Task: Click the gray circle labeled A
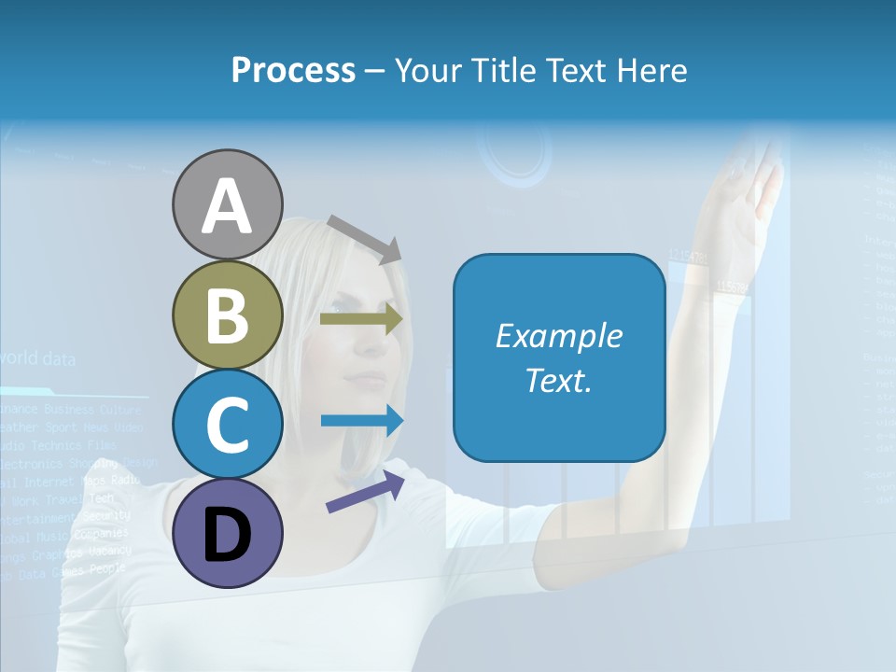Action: coord(227,205)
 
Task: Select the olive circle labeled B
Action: coord(227,315)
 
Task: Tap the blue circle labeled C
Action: coord(227,425)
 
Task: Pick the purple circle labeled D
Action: coord(227,533)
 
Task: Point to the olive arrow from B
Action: coord(361,319)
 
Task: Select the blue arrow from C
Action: coord(361,421)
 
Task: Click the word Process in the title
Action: coord(293,70)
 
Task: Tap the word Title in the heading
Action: coord(504,71)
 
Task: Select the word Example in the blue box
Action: coord(559,336)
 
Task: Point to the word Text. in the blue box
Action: coord(559,381)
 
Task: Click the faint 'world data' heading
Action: coord(37,358)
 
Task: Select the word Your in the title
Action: coord(426,71)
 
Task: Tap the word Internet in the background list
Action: coord(49,483)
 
